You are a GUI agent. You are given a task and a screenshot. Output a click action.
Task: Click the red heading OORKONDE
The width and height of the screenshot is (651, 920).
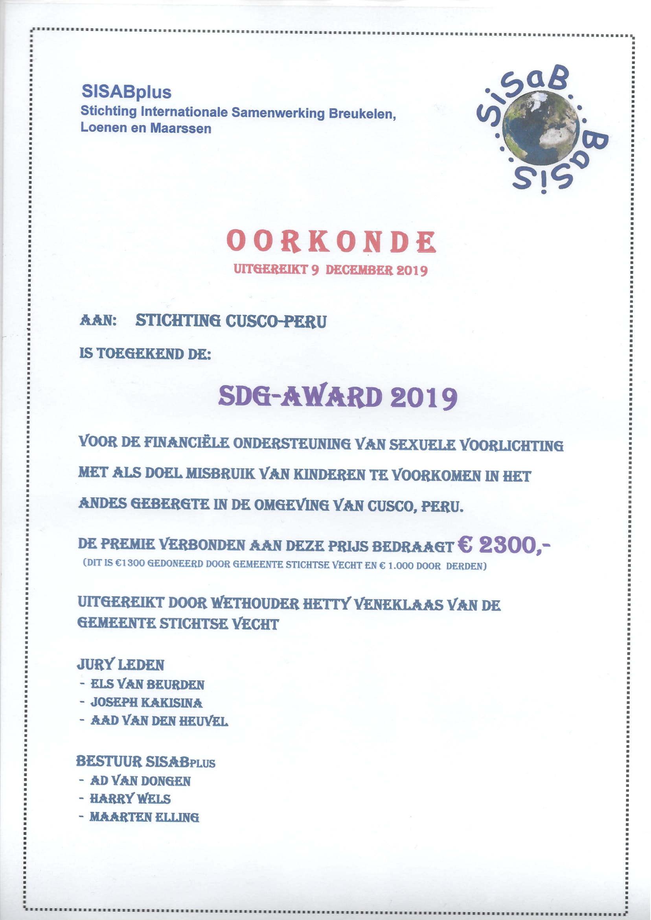pyautogui.click(x=331, y=242)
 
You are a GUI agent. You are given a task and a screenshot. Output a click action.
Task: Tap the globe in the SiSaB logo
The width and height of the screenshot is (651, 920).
pyautogui.click(x=541, y=128)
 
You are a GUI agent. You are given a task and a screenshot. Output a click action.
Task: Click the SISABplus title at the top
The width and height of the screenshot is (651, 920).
pyautogui.click(x=126, y=92)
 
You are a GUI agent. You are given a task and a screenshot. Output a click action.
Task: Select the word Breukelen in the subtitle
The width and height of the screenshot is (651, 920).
pyautogui.click(x=362, y=114)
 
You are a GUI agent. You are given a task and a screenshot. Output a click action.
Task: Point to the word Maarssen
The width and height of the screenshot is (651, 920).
pyautogui.click(x=181, y=129)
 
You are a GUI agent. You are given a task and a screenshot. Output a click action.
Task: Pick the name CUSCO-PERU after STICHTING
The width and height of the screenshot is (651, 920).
pyautogui.click(x=276, y=321)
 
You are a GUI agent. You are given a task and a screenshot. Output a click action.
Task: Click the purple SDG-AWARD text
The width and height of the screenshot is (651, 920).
pyautogui.click(x=300, y=397)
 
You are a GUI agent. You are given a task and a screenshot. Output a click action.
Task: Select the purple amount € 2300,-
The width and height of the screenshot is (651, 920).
pyautogui.click(x=504, y=545)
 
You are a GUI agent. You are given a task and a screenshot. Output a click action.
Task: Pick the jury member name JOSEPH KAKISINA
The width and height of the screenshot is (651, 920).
pyautogui.click(x=146, y=702)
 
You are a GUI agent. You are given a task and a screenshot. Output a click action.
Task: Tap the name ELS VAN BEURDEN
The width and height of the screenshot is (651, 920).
pyautogui.click(x=147, y=684)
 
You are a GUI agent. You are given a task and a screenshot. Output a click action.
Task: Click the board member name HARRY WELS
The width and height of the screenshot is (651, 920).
pyautogui.click(x=130, y=799)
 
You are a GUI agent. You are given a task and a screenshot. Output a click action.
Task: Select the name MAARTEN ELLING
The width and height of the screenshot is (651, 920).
pyautogui.click(x=144, y=817)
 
